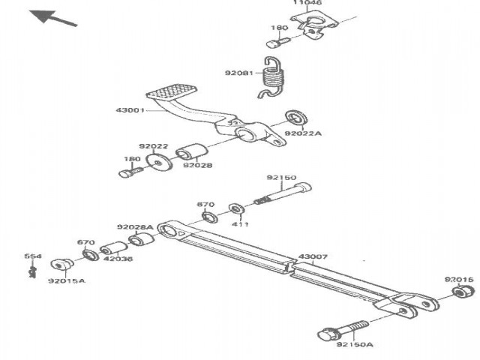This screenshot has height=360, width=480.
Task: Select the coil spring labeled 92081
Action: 275,76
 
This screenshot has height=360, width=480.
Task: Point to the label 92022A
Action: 302,133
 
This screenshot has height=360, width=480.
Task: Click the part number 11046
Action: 307,4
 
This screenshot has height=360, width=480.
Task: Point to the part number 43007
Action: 313,257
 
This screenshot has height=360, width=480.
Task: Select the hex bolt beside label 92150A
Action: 341,331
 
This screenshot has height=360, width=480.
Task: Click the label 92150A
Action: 351,346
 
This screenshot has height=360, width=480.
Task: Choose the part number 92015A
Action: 67,281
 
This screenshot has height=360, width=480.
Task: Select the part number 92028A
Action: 135,226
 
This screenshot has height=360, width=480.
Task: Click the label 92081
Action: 238,73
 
